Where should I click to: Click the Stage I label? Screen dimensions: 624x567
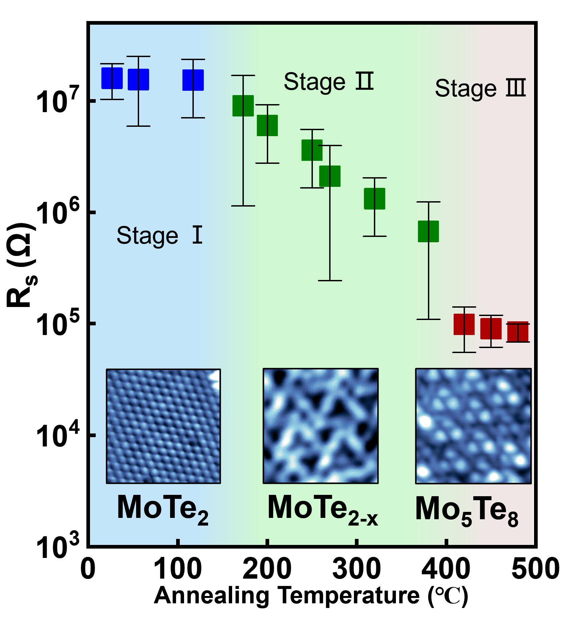(x=159, y=236)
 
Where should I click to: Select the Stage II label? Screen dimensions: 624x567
(x=328, y=82)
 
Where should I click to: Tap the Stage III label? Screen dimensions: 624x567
(x=480, y=89)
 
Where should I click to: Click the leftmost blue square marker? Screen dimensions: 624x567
(x=112, y=78)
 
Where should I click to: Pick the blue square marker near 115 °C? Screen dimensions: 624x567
(x=193, y=80)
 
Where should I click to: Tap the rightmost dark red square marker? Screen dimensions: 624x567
(x=518, y=332)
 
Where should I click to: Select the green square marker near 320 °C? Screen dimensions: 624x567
(x=375, y=199)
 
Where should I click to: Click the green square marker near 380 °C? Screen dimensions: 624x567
(x=429, y=231)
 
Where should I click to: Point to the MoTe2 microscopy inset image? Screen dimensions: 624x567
(x=163, y=426)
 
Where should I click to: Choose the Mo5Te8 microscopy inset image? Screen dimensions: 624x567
(x=473, y=426)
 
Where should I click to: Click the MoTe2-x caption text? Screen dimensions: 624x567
(x=322, y=510)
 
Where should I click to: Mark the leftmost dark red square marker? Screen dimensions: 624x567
(x=464, y=324)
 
